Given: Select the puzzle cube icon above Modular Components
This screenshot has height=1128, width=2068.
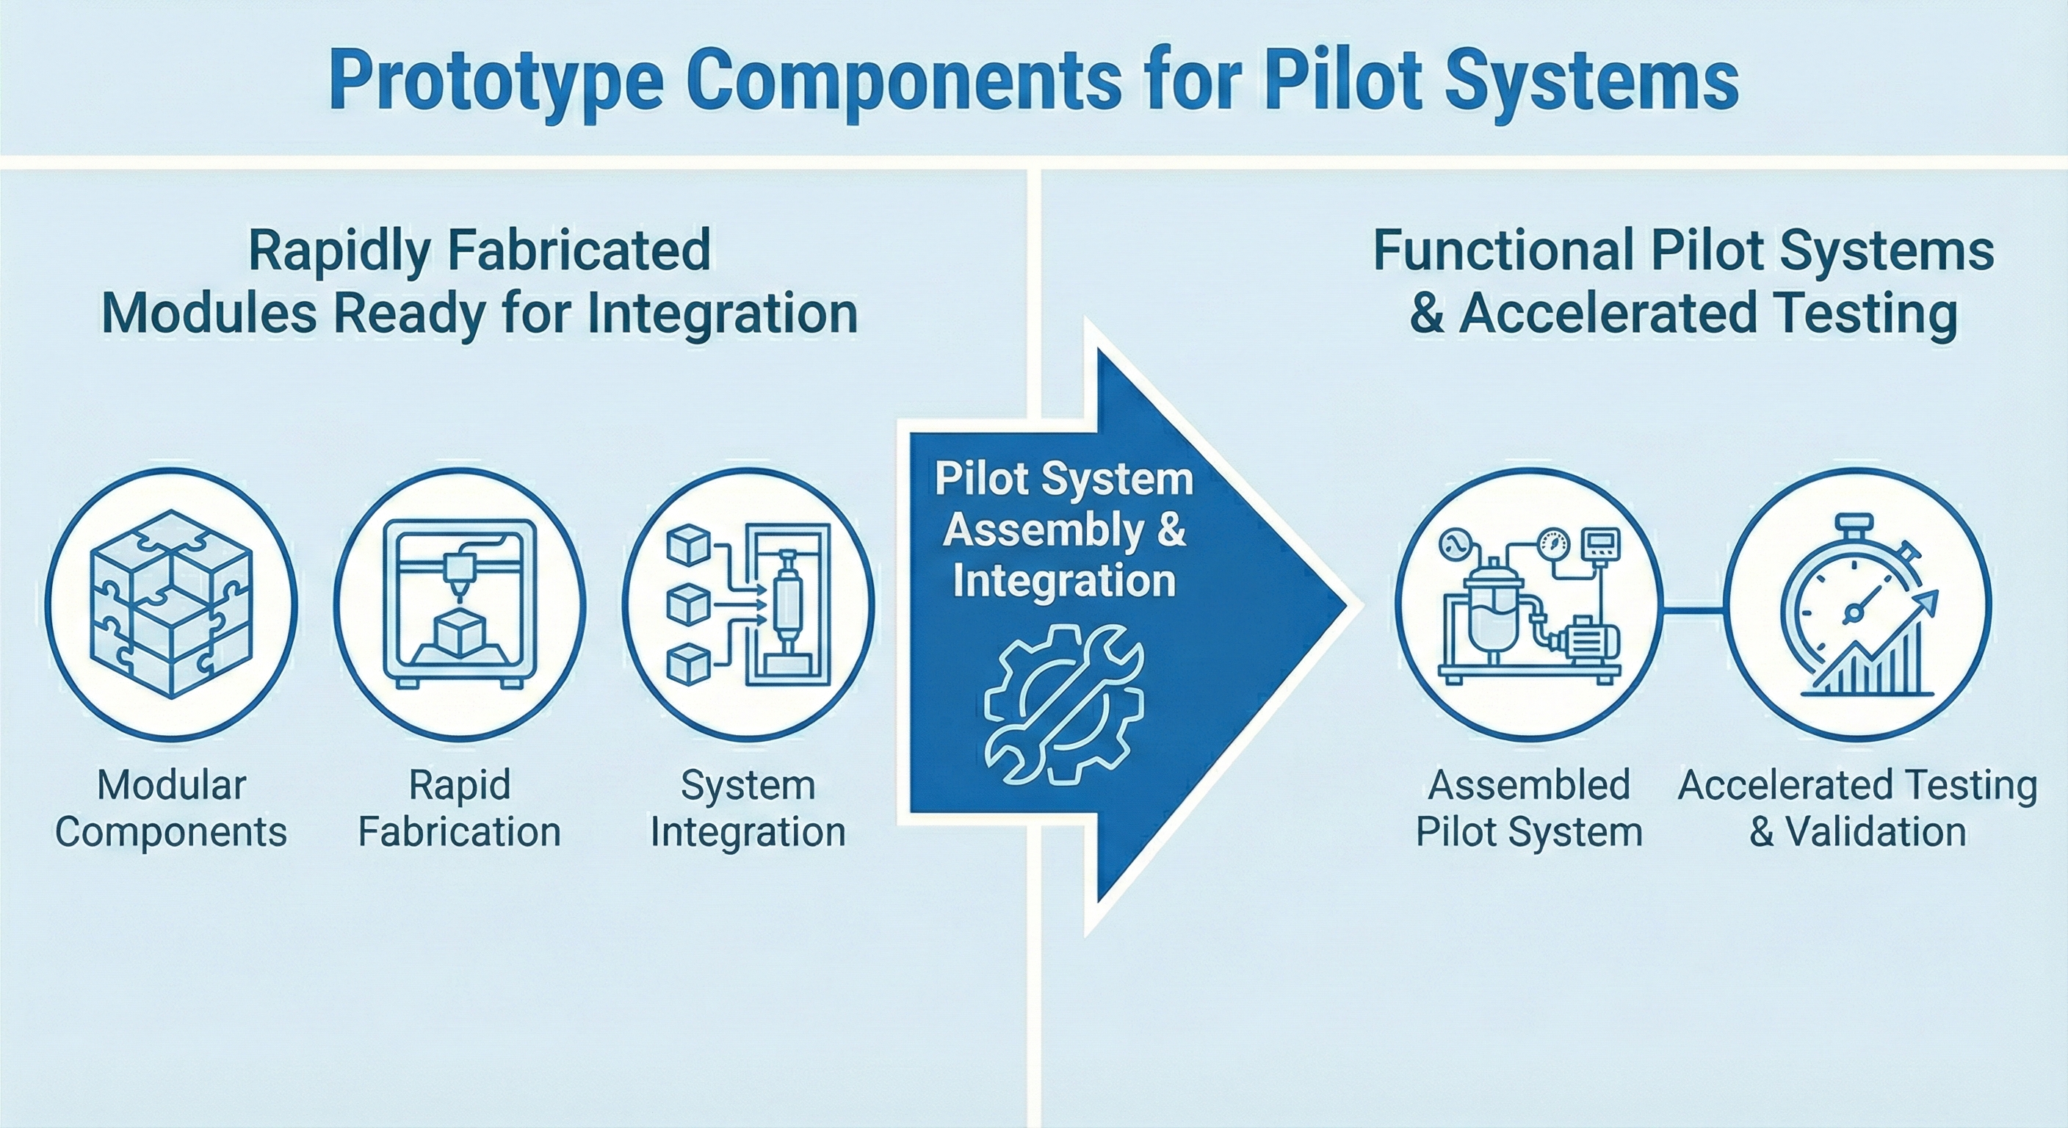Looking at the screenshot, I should pyautogui.click(x=171, y=604).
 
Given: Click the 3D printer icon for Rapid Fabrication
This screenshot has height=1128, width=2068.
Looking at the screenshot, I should pyautogui.click(x=460, y=604).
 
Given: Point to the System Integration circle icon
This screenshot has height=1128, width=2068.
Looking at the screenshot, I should pyautogui.click(x=748, y=604).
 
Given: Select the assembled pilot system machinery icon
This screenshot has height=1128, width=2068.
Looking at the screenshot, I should pyautogui.click(x=1528, y=604).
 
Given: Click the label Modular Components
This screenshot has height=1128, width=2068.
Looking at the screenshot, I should pyautogui.click(x=171, y=808).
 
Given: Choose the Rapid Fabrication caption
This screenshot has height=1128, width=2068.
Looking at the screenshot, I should pyautogui.click(x=459, y=808).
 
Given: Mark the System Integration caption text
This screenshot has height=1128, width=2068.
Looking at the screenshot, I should pyautogui.click(x=748, y=808).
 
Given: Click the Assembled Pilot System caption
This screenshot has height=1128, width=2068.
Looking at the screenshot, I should pyautogui.click(x=1528, y=808).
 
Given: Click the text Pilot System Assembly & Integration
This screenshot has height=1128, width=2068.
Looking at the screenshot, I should pyautogui.click(x=1063, y=530).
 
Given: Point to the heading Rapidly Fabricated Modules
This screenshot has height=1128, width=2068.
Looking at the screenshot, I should pyautogui.click(x=480, y=281).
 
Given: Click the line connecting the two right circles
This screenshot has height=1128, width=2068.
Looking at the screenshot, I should pyautogui.click(x=1692, y=611).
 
